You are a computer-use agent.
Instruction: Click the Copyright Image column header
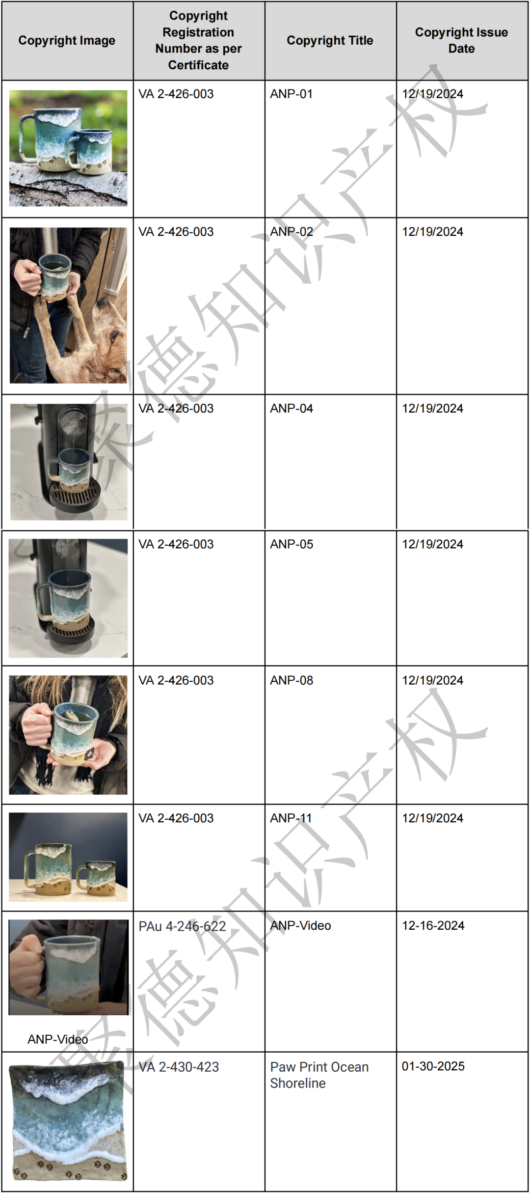[x=67, y=40]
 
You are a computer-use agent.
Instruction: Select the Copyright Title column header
[x=330, y=40]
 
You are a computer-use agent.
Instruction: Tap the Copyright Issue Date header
[x=461, y=40]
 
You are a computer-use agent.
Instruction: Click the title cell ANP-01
[x=291, y=94]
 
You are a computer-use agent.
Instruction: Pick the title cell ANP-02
[x=291, y=231]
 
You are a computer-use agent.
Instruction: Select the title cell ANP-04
[x=291, y=408]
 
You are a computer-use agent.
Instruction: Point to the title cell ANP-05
[x=291, y=544]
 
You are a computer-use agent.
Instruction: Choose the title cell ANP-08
[x=291, y=680]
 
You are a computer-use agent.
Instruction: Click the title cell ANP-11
[x=291, y=818]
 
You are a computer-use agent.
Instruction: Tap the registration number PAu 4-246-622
[x=182, y=926]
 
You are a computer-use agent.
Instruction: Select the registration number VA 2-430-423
[x=179, y=1067]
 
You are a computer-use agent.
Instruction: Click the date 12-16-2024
[x=433, y=925]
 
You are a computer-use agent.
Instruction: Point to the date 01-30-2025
[x=433, y=1066]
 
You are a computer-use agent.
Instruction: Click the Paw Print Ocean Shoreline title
[x=319, y=1075]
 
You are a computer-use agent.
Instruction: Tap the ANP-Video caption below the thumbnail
[x=58, y=1039]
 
